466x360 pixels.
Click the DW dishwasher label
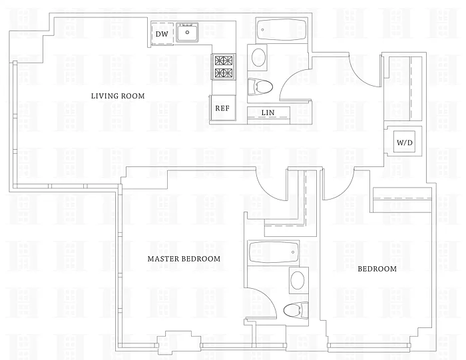coord(162,34)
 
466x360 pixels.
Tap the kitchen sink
coord(188,31)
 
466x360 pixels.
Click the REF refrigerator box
coord(222,107)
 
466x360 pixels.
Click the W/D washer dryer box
coord(405,142)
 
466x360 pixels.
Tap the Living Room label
coord(118,96)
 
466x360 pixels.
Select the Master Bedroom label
coord(184,258)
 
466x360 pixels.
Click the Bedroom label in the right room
coord(377,269)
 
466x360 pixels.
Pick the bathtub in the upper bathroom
coord(280,30)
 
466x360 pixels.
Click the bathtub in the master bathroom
coord(273,252)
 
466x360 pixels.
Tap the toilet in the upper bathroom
coord(262,86)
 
